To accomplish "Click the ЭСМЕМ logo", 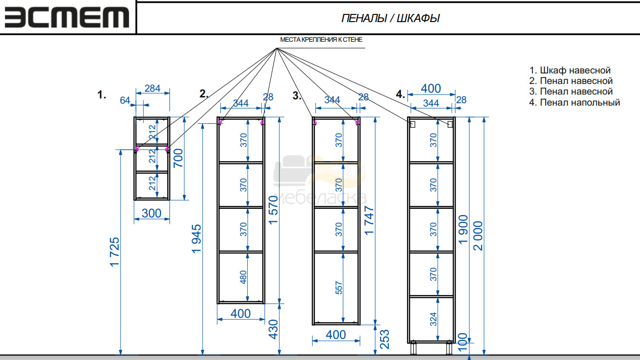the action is [67, 17].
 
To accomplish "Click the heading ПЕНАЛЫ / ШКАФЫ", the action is [390, 18].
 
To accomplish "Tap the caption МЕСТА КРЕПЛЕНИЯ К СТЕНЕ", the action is [321, 40].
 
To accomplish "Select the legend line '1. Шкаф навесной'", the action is [570, 70].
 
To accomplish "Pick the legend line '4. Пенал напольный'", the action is [574, 102].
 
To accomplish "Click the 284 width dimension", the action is [152, 88].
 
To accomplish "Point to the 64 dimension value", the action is [125, 100].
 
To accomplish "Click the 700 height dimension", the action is [178, 158].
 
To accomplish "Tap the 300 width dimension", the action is [151, 213].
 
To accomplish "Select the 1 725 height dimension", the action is [115, 252].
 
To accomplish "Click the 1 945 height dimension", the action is [196, 239].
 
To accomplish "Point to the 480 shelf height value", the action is [243, 277].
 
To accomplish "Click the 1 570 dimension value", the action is [274, 210].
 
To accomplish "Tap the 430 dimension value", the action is [274, 329].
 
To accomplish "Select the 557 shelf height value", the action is [338, 288].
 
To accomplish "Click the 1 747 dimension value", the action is [369, 220].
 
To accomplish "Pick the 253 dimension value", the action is [385, 339].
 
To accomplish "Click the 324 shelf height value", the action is [434, 319].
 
